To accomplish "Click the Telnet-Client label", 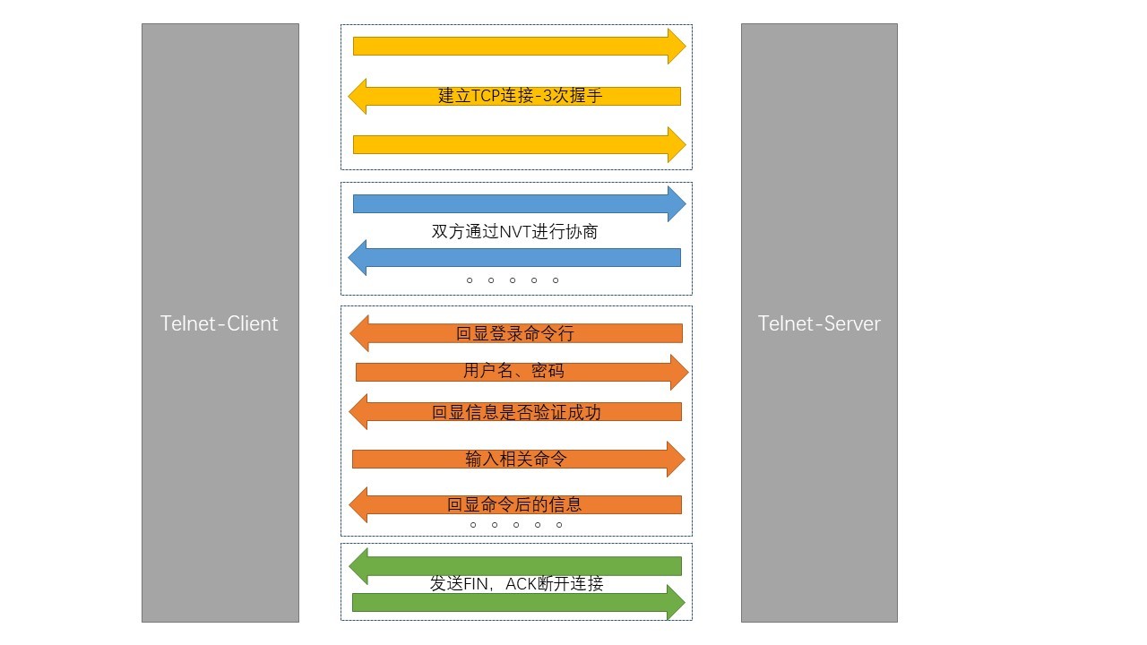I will click(220, 323).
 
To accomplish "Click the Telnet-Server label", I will click(819, 323).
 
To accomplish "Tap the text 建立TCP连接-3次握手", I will click(520, 96).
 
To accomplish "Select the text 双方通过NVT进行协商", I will click(514, 231).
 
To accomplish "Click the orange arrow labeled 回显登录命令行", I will click(516, 333).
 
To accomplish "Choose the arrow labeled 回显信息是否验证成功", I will click(516, 412).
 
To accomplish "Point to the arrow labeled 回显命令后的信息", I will click(516, 504).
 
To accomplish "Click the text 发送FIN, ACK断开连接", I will click(516, 584).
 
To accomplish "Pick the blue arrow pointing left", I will click(516, 258).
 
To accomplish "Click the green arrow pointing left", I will click(516, 566).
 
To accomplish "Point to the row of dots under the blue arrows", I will click(513, 280).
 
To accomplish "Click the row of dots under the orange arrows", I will click(516, 525).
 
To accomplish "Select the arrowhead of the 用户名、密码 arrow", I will click(678, 372).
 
